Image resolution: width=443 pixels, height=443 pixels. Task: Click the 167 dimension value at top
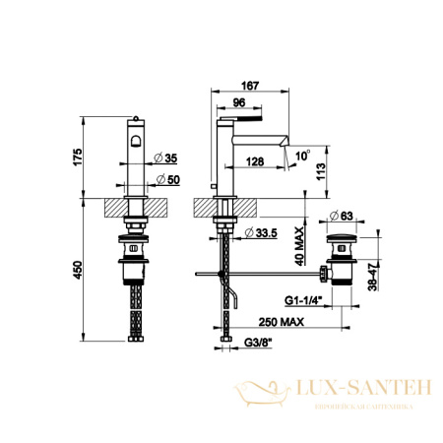[x=254, y=87]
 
